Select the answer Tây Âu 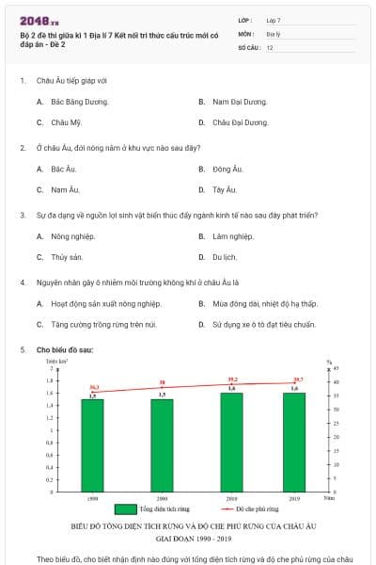(x=224, y=189)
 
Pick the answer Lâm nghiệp (x=232, y=235)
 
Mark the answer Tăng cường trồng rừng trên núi (x=103, y=324)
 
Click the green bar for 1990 (x=92, y=443)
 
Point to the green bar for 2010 (x=231, y=440)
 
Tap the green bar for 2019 (x=295, y=440)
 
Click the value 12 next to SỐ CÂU (x=270, y=46)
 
